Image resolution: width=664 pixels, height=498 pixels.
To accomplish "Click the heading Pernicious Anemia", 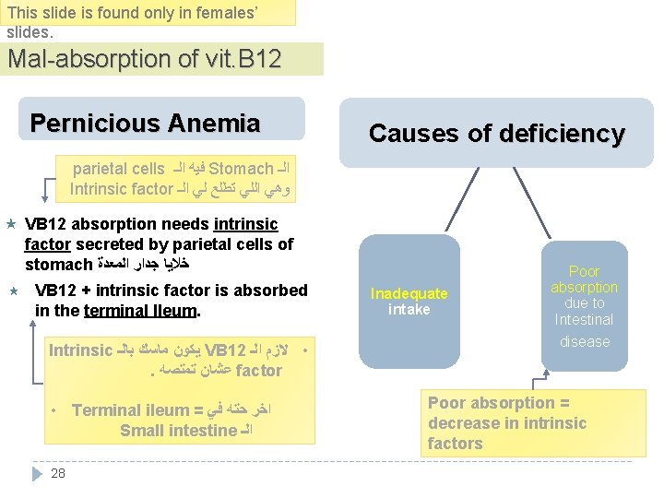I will click(145, 124).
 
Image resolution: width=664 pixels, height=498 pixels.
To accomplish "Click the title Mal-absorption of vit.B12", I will click(145, 59).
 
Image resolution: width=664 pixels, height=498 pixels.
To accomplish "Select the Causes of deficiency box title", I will click(496, 134).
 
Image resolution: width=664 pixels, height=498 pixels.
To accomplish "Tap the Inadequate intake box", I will click(409, 301).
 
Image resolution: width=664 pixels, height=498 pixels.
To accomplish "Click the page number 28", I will click(58, 473).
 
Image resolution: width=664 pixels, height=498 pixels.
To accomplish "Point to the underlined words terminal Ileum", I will click(140, 311).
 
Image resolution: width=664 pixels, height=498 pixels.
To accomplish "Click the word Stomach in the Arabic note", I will click(241, 169).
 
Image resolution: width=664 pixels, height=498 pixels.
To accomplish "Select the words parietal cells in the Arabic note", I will click(118, 169).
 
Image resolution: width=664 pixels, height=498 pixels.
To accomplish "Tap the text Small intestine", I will click(178, 430).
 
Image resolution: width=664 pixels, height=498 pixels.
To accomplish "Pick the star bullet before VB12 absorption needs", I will click(11, 224).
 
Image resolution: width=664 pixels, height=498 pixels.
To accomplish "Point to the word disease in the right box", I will click(584, 341).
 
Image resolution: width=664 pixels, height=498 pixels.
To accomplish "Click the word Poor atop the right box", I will click(584, 271).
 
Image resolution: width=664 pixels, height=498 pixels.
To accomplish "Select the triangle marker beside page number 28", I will click(37, 473).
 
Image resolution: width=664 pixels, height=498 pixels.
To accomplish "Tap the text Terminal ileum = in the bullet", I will click(136, 410).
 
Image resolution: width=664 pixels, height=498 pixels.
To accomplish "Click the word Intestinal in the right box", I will click(584, 319).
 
